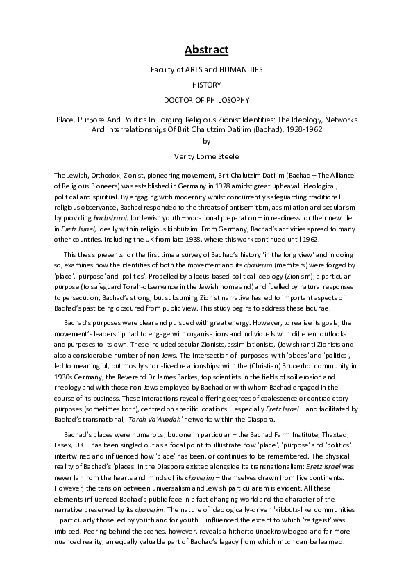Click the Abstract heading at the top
point(206,49)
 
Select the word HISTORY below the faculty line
point(206,85)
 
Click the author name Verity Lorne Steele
point(206,158)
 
